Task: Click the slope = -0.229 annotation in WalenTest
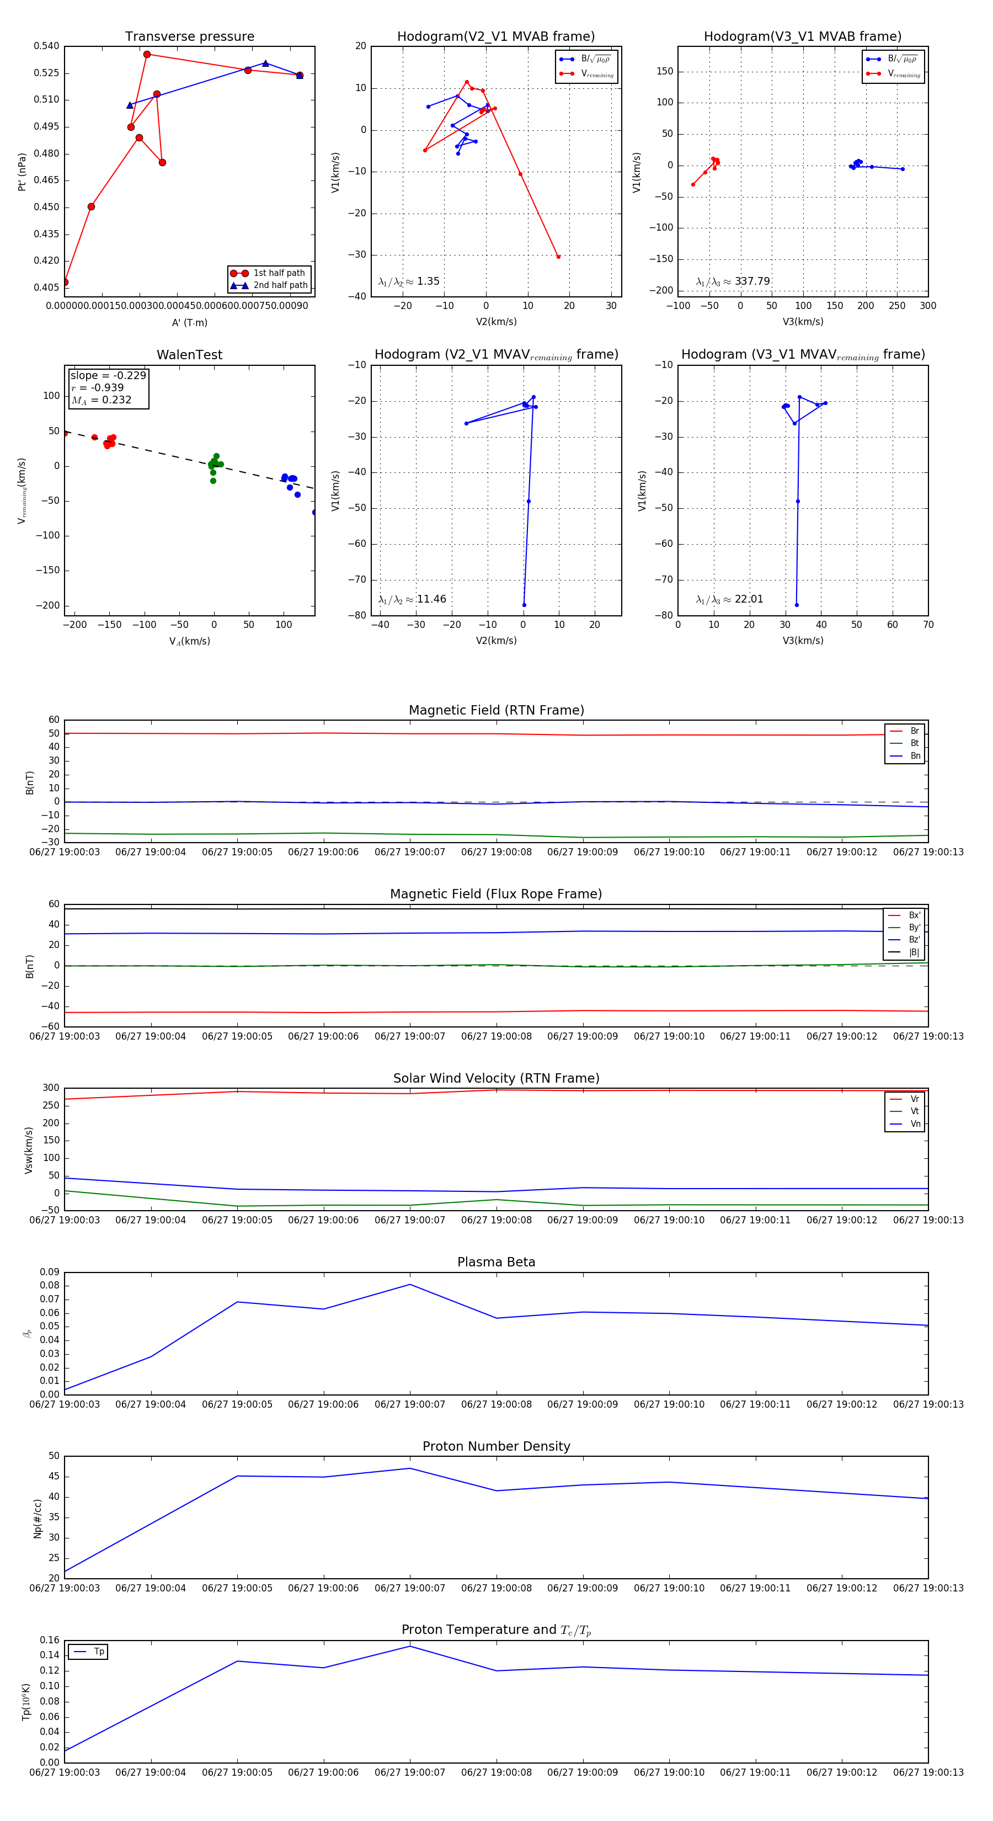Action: click(108, 375)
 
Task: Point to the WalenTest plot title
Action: click(189, 355)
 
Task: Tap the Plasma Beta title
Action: click(496, 1262)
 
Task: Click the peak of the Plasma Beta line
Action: click(410, 1285)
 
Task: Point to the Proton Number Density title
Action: click(496, 1446)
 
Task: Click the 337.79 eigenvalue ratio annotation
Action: click(752, 281)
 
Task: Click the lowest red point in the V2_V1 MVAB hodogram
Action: click(558, 257)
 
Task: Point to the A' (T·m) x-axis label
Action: click(189, 322)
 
